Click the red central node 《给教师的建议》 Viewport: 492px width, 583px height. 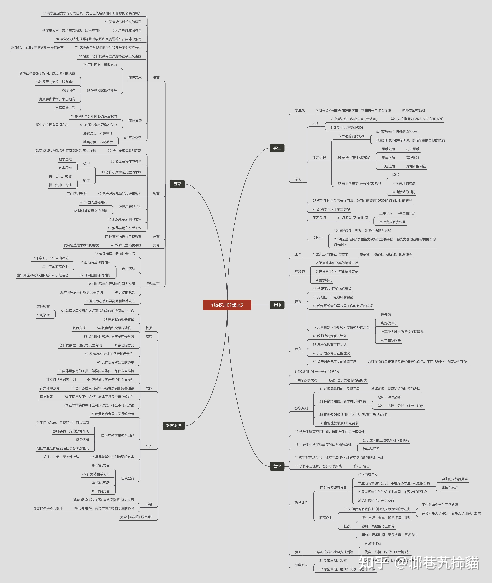pyautogui.click(x=227, y=305)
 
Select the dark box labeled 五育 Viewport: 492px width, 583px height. pyautogui.click(x=177, y=184)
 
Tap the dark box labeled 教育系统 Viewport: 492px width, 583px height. pyautogui.click(x=173, y=426)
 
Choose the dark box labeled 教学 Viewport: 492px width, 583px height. pyautogui.click(x=277, y=466)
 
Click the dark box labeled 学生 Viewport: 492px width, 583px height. pyautogui.click(x=277, y=148)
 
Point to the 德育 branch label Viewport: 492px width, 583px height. pyautogui.click(x=156, y=78)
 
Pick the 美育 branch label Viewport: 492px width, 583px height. pyautogui.click(x=156, y=245)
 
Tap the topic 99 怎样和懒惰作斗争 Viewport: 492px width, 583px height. pyautogui.click(x=101, y=90)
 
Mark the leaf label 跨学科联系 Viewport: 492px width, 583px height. pyautogui.click(x=371, y=449)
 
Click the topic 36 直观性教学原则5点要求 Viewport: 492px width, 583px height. pyautogui.click(x=339, y=423)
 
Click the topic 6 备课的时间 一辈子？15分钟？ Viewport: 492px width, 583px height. pyautogui.click(x=317, y=371)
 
